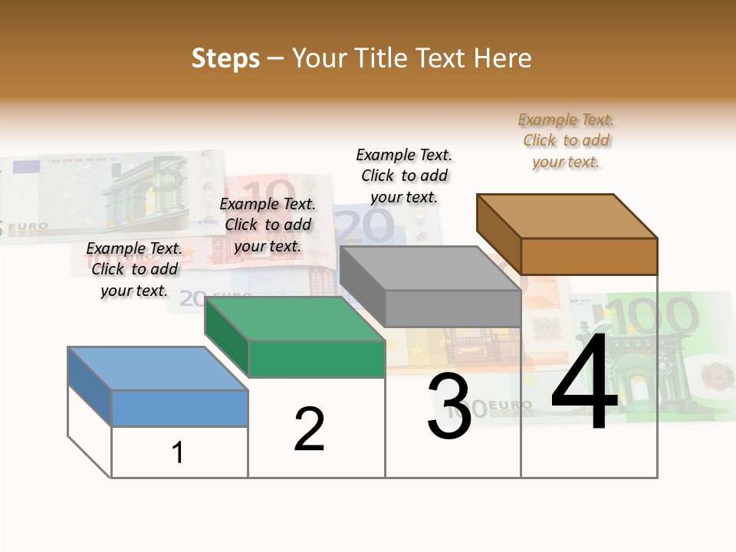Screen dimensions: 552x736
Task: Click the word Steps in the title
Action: (x=225, y=58)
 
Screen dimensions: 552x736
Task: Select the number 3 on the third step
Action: (x=449, y=406)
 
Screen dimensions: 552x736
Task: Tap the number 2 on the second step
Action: (x=309, y=429)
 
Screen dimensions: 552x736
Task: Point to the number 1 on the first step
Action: (x=178, y=452)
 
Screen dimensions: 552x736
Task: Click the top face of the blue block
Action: (x=158, y=368)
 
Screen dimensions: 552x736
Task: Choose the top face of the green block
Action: (x=294, y=319)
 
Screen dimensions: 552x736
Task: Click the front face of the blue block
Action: (x=179, y=408)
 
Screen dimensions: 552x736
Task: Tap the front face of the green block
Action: (x=317, y=359)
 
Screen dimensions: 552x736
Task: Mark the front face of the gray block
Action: (x=452, y=308)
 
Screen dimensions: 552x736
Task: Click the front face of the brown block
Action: (x=589, y=256)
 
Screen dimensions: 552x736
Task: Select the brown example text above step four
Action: (x=567, y=141)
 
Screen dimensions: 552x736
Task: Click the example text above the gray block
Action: (x=404, y=176)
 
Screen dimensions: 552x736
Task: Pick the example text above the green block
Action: (x=268, y=225)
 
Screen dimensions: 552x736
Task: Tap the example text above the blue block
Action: (x=134, y=270)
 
